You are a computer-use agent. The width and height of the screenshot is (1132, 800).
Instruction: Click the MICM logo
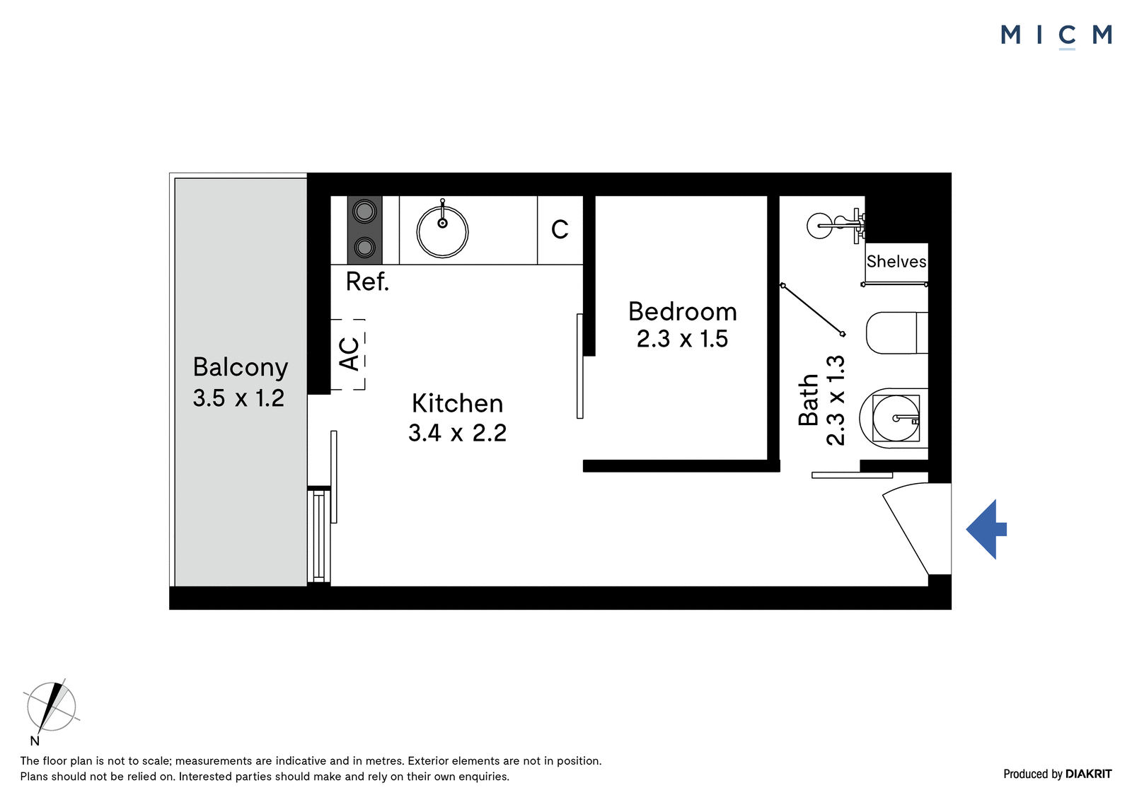1056,36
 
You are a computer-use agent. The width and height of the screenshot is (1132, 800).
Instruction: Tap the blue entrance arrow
986,529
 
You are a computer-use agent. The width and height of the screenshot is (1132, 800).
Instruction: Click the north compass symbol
50,707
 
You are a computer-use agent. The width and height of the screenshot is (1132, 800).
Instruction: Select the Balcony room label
240,367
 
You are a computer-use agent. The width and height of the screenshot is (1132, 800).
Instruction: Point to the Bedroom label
682,311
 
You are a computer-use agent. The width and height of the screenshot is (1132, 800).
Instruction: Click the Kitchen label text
457,403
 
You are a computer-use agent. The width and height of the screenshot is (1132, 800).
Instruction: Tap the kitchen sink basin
442,232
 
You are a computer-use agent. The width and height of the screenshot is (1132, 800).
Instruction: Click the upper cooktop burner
364,211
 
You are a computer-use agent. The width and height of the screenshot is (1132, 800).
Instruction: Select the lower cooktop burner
364,248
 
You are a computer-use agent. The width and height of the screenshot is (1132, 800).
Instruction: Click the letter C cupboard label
560,229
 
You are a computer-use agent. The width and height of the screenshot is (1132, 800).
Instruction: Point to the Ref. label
367,282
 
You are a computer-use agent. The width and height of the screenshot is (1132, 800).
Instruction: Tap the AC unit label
350,354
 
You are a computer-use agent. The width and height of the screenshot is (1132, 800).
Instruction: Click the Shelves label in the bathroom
896,261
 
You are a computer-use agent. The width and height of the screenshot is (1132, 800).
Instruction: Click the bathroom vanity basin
896,418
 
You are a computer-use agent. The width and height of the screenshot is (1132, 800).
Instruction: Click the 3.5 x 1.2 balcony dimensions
238,398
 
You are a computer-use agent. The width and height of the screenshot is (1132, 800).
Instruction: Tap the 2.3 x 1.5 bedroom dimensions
682,339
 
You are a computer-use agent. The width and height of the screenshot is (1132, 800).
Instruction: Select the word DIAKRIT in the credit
1089,774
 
